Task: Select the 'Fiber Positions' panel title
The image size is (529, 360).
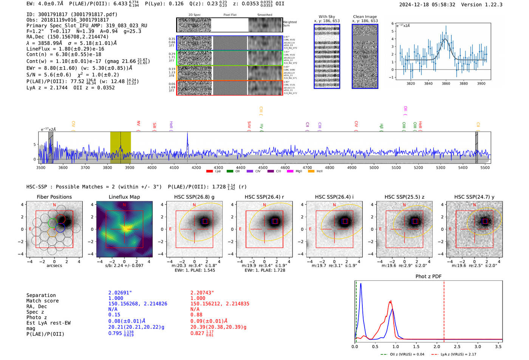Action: (54, 197)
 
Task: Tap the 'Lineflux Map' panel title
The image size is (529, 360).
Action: (124, 197)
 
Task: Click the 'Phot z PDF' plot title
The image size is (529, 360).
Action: (428, 277)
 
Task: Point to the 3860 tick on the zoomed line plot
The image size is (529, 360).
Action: (446, 83)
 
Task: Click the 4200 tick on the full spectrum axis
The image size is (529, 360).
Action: (196, 168)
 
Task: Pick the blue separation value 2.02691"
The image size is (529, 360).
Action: (120, 293)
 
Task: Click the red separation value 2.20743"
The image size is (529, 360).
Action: (202, 293)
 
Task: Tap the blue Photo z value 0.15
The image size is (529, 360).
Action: (114, 315)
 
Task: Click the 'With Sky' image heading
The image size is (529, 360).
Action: (326, 17)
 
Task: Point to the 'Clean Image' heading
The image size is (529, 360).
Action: (365, 17)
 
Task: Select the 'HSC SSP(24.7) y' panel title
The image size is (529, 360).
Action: (474, 197)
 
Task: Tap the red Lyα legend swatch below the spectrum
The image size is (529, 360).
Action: (209, 172)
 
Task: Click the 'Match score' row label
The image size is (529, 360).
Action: (42, 301)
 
